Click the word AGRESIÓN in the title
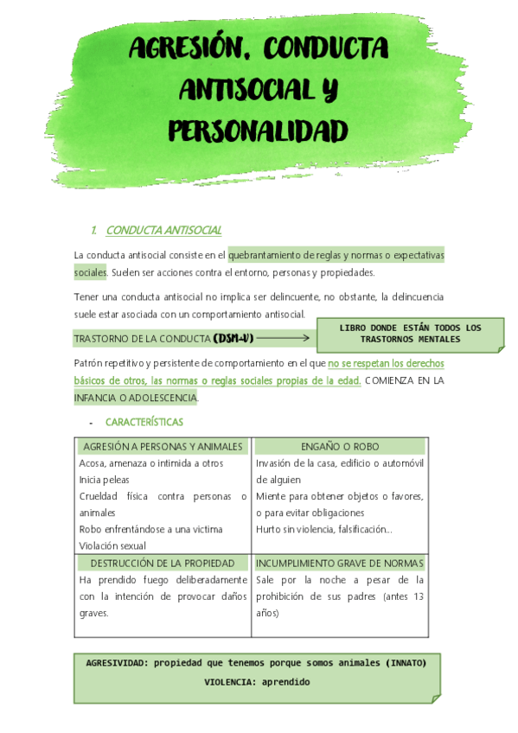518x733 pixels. (182, 49)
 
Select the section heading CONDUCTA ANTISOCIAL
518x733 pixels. (163, 230)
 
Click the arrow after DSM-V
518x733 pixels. (283, 337)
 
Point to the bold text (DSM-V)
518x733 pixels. (233, 337)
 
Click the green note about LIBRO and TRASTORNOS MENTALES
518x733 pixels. (410, 334)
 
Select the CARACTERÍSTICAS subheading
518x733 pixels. (144, 422)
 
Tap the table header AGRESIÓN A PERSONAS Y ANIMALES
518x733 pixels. (163, 447)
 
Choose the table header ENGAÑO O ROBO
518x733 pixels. (340, 447)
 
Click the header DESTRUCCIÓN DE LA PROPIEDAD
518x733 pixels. (163, 564)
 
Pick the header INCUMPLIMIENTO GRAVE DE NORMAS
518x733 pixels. (340, 564)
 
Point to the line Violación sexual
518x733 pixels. (112, 545)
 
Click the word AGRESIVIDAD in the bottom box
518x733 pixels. (115, 662)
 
